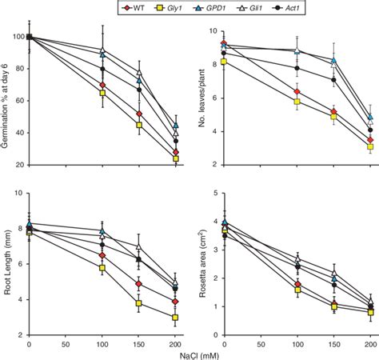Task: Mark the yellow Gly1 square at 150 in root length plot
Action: click(x=139, y=304)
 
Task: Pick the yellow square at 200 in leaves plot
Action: click(x=370, y=146)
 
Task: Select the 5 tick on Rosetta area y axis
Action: click(x=215, y=193)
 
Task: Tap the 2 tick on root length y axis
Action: click(x=19, y=335)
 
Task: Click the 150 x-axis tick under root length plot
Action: click(x=139, y=342)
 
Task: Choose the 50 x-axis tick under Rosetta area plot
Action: click(x=261, y=342)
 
